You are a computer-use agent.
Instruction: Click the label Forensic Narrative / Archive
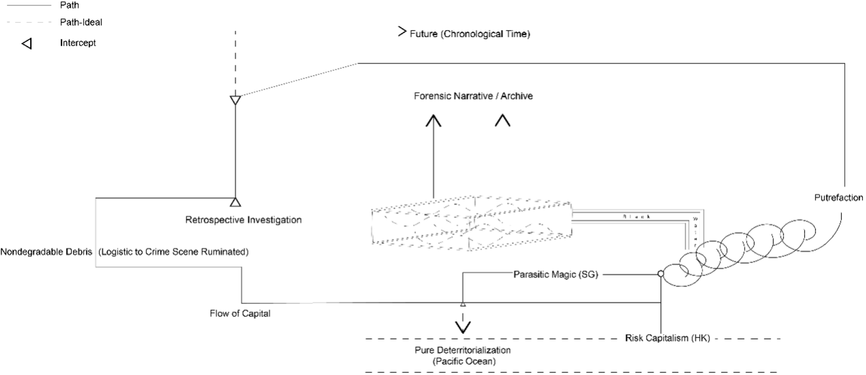[473, 96]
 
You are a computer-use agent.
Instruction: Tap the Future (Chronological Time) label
[470, 34]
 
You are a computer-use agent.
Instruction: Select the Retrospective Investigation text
[243, 220]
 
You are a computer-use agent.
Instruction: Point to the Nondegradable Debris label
[46, 252]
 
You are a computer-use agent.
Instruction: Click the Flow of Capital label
[240, 313]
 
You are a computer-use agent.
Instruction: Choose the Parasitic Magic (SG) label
[556, 274]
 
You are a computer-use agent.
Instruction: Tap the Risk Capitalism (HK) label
[667, 338]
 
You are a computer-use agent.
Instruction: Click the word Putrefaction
[838, 198]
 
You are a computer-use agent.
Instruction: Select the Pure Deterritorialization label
[462, 350]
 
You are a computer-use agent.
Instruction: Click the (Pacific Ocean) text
[464, 361]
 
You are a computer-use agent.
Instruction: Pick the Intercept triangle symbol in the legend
[27, 43]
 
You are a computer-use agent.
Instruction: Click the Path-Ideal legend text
[81, 22]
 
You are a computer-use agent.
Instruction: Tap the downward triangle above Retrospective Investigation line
[235, 100]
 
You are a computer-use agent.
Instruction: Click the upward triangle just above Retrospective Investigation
[235, 202]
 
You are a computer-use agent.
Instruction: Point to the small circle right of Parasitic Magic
[660, 274]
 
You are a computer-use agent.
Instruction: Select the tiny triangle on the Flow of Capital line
[463, 304]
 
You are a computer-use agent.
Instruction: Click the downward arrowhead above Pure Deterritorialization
[463, 327]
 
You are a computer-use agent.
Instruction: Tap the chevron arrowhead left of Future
[402, 31]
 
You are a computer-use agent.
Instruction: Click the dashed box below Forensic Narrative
[471, 223]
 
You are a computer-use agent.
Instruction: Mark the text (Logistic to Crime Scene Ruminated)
[173, 252]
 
